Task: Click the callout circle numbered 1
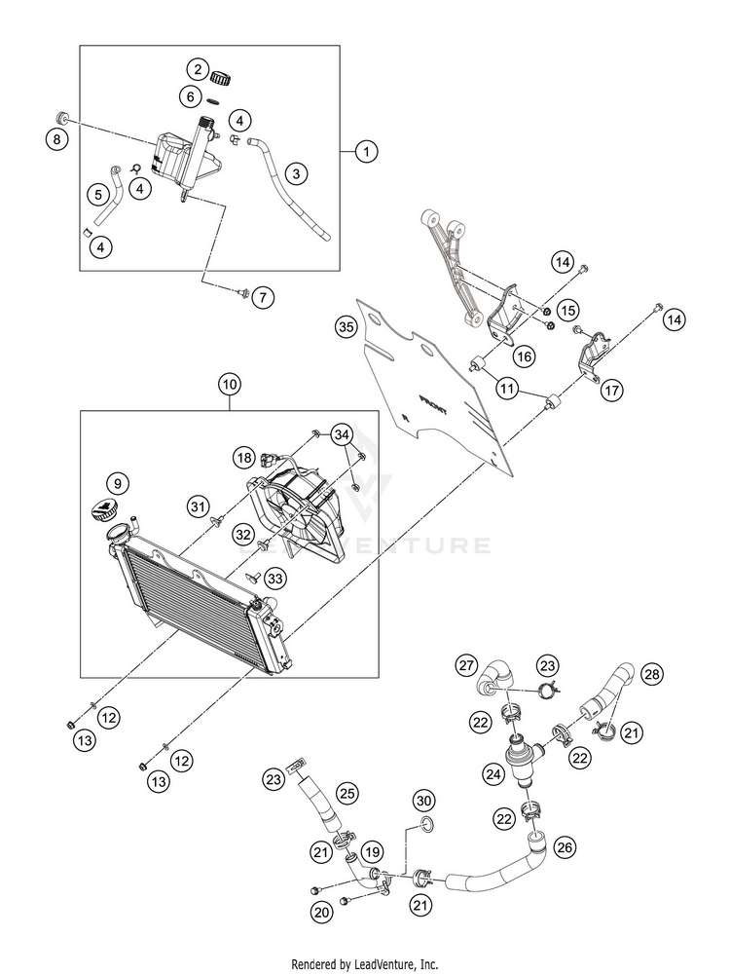pyautogui.click(x=366, y=151)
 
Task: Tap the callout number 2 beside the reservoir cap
pyautogui.click(x=198, y=69)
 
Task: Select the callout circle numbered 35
pyautogui.click(x=347, y=326)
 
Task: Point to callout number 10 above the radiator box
pyautogui.click(x=230, y=385)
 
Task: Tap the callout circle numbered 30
pyautogui.click(x=424, y=801)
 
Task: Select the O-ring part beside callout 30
pyautogui.click(x=426, y=825)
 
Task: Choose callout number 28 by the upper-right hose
pyautogui.click(x=652, y=674)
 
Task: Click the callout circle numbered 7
pyautogui.click(x=263, y=297)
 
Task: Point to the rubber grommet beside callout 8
pyautogui.click(x=62, y=117)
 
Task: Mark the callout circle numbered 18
pyautogui.click(x=244, y=459)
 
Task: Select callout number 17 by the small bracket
pyautogui.click(x=611, y=391)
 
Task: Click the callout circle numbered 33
pyautogui.click(x=275, y=579)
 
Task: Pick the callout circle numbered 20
pyautogui.click(x=322, y=912)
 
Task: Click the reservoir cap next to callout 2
pyautogui.click(x=222, y=78)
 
